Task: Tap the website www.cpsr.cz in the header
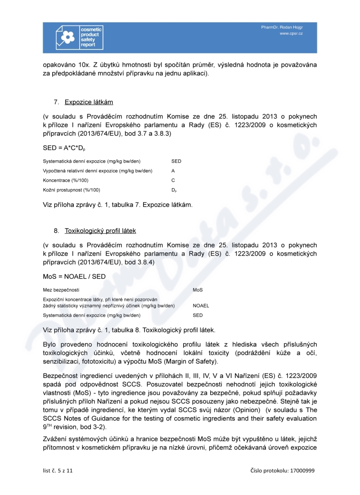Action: pos(291,34)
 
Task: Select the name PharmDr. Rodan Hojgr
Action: pos(282,27)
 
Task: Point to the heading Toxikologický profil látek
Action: pos(100,231)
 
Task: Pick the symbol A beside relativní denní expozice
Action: pos(173,171)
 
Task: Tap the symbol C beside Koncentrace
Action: pos(173,180)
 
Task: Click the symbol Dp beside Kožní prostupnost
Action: pos(174,190)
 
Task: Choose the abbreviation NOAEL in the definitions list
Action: pos(201,306)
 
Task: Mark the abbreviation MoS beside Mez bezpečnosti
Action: pos(198,290)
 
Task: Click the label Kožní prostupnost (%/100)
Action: pos(72,190)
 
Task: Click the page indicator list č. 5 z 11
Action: pos(56,470)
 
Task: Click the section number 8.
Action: pos(56,231)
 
